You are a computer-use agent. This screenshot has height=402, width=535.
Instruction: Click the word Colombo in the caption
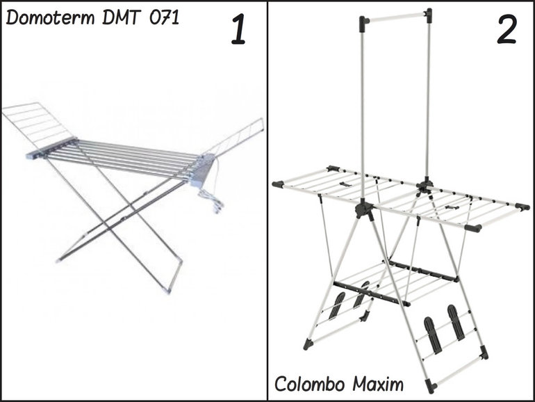pyautogui.click(x=309, y=383)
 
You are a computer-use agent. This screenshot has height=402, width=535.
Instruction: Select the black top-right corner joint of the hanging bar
pyautogui.click(x=428, y=13)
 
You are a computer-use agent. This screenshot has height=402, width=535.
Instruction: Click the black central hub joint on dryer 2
pyautogui.click(x=363, y=207)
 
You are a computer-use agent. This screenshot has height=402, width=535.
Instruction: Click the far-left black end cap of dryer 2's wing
pyautogui.click(x=278, y=184)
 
